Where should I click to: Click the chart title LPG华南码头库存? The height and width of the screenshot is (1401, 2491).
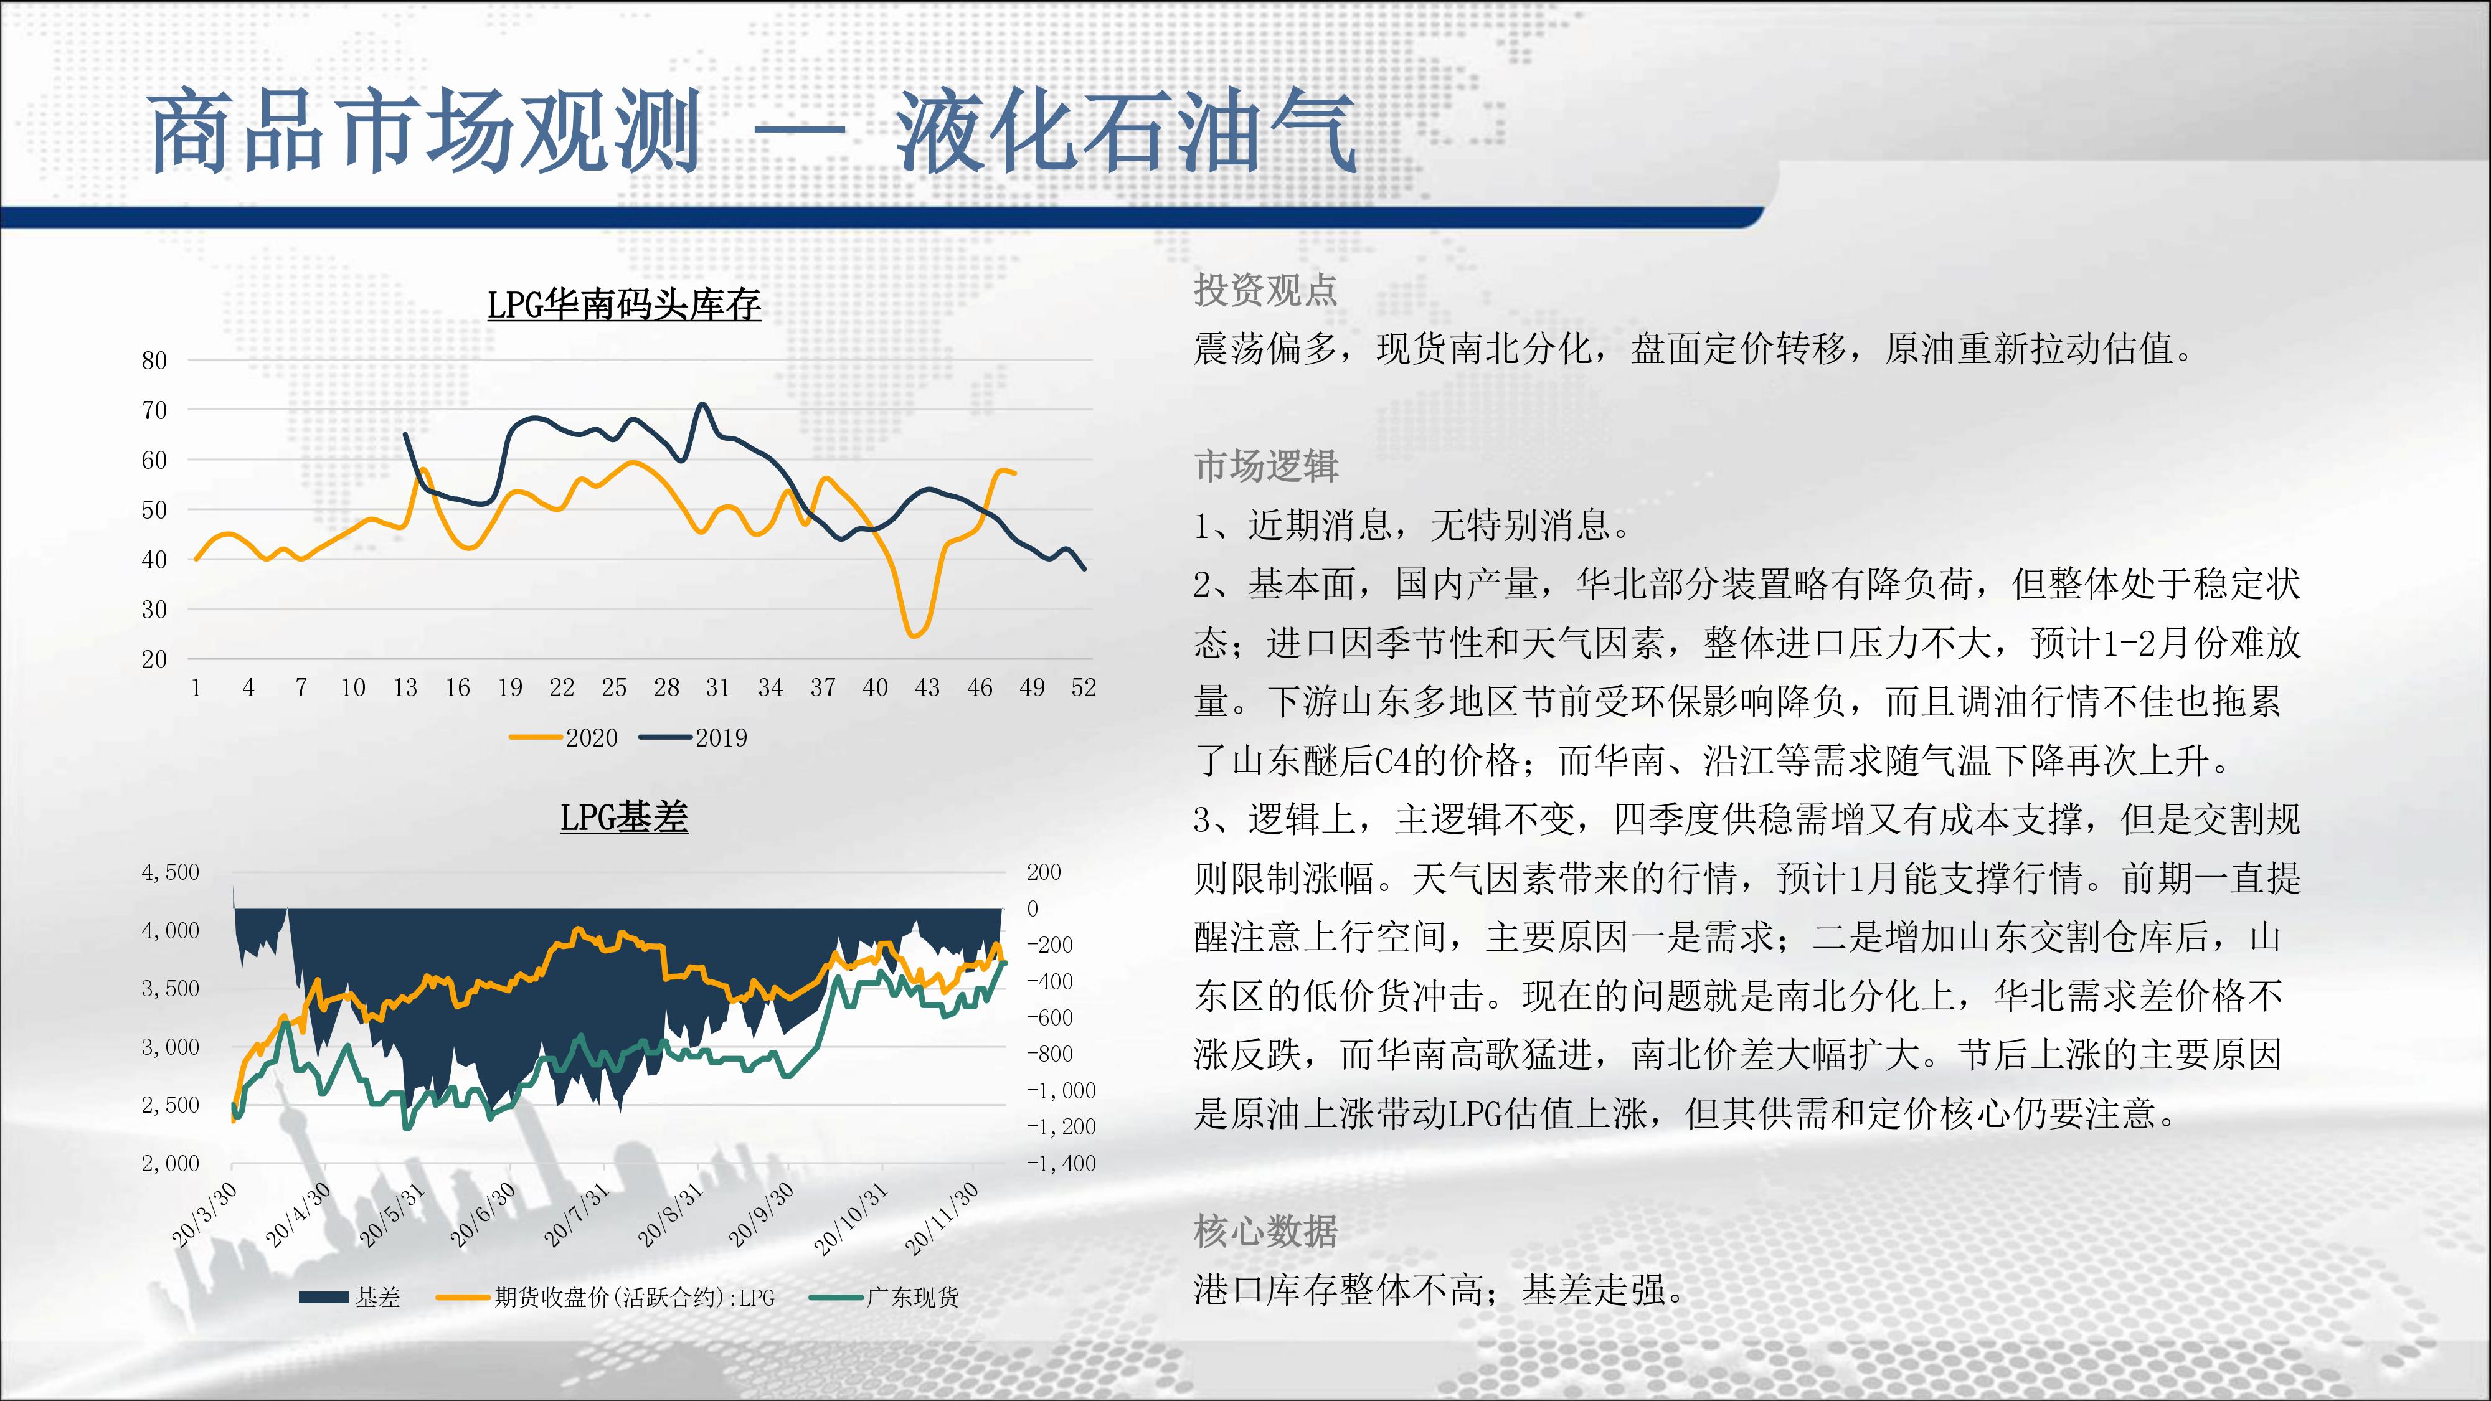624,304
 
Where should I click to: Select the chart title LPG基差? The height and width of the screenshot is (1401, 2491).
624,817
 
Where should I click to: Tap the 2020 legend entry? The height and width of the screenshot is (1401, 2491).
564,738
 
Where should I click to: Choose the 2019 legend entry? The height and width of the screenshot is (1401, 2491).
693,738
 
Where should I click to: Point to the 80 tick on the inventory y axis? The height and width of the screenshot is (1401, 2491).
154,361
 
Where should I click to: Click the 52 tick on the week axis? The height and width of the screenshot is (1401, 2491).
1084,687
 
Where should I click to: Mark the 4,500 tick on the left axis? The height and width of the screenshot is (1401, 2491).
170,872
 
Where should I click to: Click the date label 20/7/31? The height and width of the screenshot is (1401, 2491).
576,1214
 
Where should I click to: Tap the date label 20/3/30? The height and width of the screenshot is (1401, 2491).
204,1214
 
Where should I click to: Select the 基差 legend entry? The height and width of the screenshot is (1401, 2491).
349,1296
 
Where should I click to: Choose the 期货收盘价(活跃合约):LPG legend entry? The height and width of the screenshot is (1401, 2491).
607,1296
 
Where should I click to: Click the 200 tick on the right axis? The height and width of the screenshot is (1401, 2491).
1044,872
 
